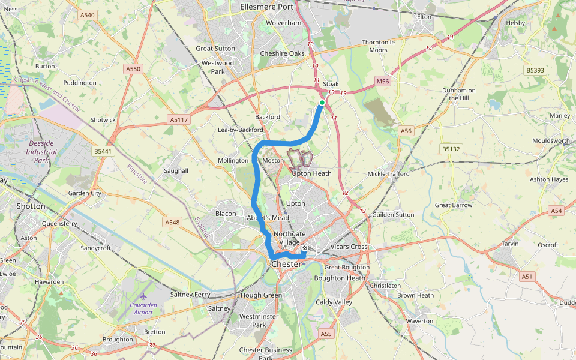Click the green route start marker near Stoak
click(322, 103)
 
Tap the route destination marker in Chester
click(305, 248)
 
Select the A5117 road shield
click(179, 120)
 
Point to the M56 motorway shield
click(383, 80)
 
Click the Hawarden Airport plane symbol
click(143, 296)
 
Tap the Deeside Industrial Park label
click(41, 152)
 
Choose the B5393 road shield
click(535, 70)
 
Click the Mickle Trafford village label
click(388, 174)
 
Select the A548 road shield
click(172, 222)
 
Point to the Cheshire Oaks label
click(282, 53)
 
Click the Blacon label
click(226, 214)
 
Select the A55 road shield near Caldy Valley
click(326, 334)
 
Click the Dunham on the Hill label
click(459, 94)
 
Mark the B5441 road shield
click(103, 151)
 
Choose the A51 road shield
click(527, 277)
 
